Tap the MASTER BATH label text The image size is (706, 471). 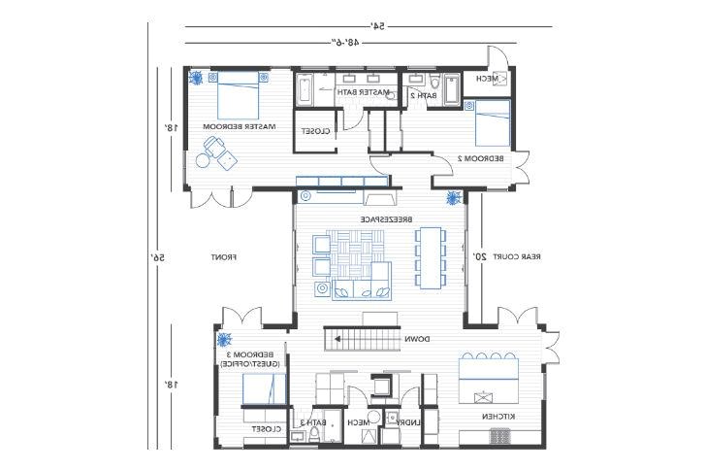click(363, 92)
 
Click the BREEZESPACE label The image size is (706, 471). click(381, 220)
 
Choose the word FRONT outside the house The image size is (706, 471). click(224, 257)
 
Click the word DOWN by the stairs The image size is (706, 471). click(418, 339)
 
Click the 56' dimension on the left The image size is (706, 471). click(157, 257)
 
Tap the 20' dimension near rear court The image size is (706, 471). click(478, 257)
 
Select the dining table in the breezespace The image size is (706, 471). click(430, 257)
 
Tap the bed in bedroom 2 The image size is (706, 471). click(492, 122)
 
